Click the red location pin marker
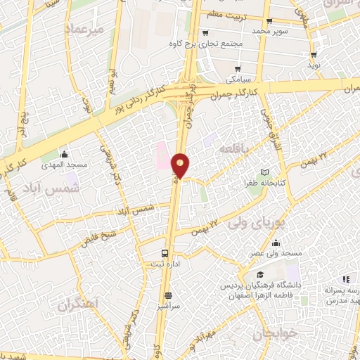tap(181, 165)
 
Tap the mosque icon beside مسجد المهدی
tap(65, 153)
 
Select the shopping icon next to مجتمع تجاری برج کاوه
tap(205, 32)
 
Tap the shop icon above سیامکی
tap(238, 68)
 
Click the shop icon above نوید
tap(314, 54)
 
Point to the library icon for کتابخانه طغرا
tap(264, 172)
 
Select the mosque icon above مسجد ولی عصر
tap(276, 241)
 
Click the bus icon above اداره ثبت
tap(165, 252)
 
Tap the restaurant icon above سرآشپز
tap(167, 295)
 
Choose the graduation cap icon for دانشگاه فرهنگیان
tap(260, 275)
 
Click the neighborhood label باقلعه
tap(230, 150)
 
